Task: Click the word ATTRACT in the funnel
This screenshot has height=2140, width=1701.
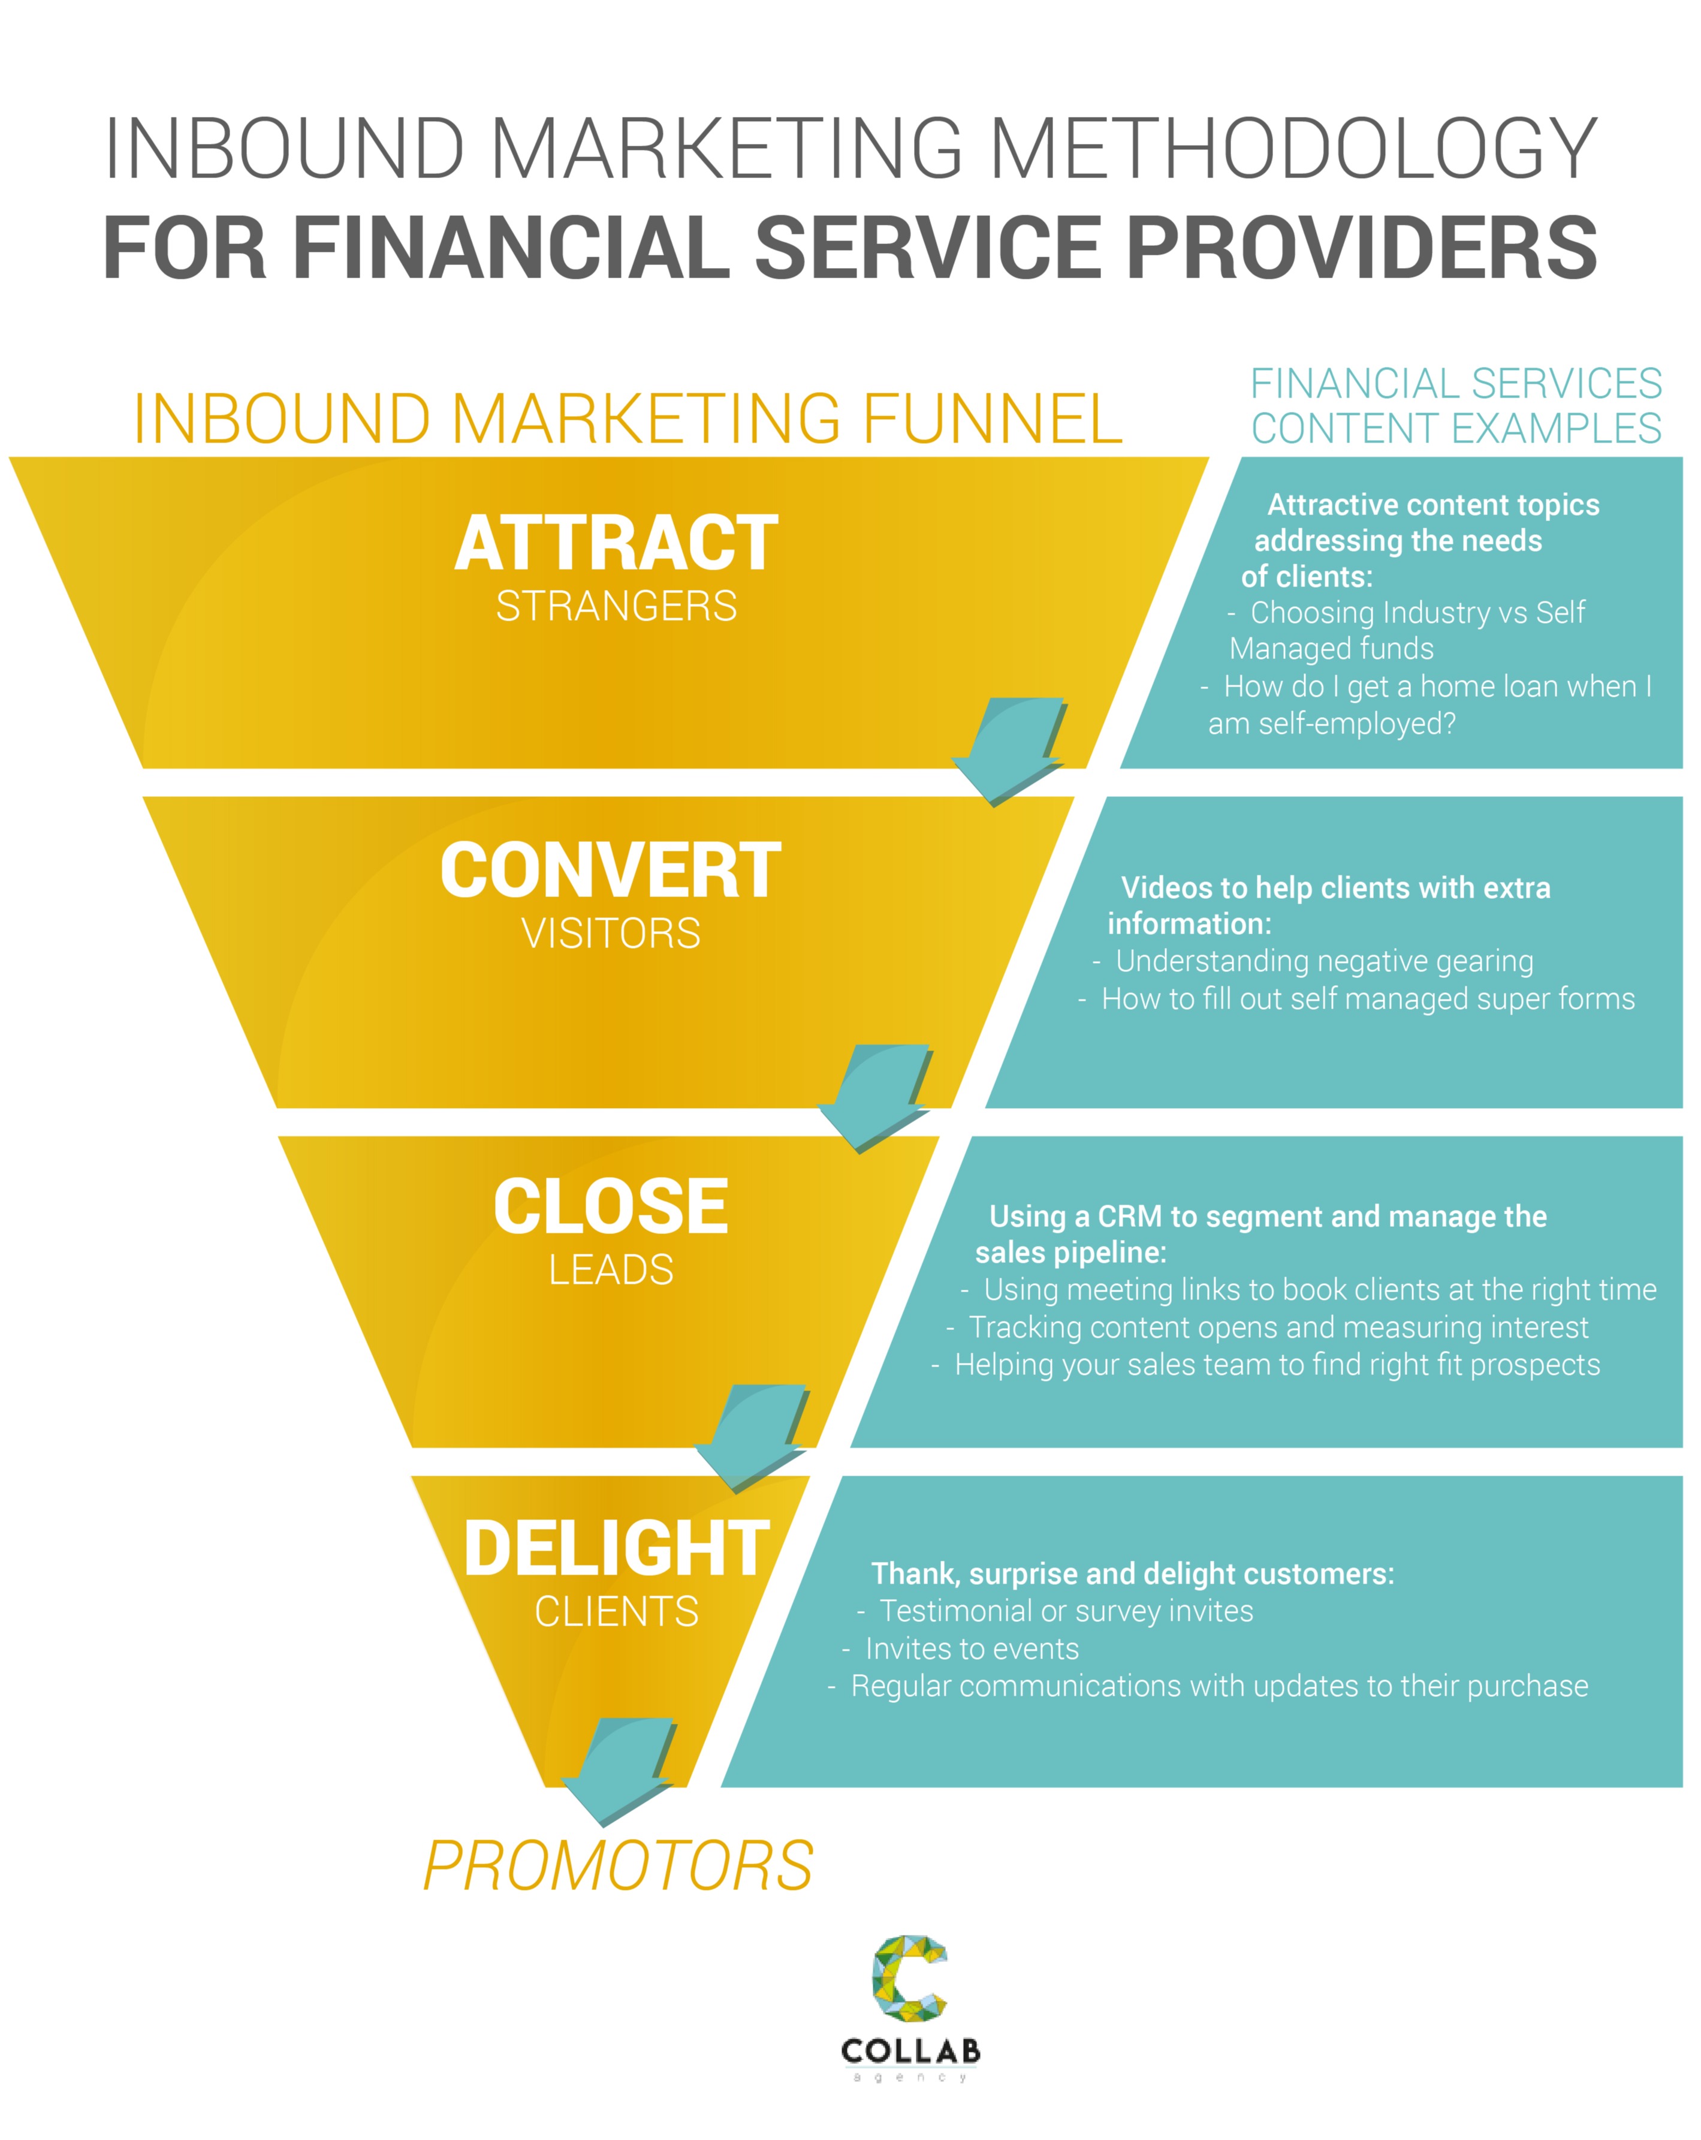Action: [616, 544]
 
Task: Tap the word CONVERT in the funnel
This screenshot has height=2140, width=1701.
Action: [610, 871]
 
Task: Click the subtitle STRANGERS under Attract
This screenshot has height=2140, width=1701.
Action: [616, 606]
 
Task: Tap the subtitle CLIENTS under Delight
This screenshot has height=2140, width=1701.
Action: [616, 1612]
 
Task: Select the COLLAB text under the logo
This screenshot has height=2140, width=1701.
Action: [910, 2051]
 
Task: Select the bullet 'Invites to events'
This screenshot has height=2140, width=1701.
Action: [972, 1649]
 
